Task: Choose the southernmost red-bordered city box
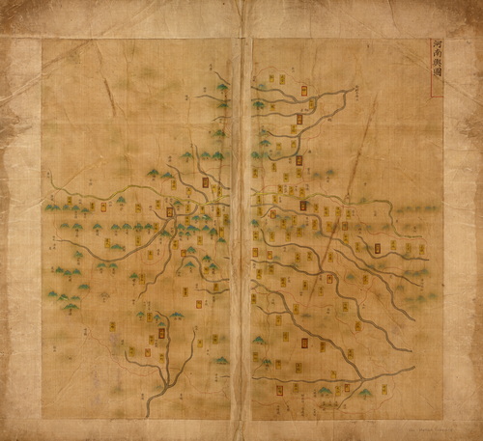tap(278, 390)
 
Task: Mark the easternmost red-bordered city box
tap(378, 248)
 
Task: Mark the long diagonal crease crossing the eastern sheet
tap(348, 183)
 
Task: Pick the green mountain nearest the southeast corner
tap(366, 393)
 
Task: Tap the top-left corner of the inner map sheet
tap(43, 40)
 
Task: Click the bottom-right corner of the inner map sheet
tap(442, 418)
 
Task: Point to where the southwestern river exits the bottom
tap(148, 415)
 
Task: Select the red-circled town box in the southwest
tap(162, 334)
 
